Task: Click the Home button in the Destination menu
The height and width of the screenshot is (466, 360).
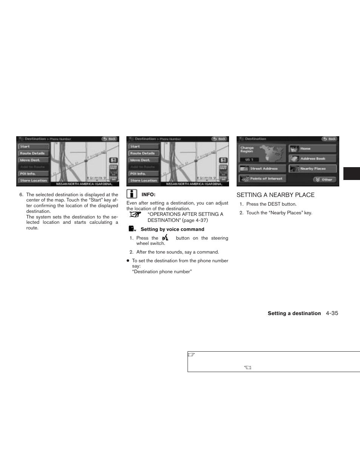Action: pos(312,149)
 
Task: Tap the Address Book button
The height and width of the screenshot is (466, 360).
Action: pos(312,159)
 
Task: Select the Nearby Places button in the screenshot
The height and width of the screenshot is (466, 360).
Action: pos(312,169)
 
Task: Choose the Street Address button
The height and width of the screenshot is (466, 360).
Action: pos(263,169)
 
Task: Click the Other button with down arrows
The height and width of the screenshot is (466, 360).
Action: pos(325,180)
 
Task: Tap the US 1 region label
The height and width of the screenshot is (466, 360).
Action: pos(249,160)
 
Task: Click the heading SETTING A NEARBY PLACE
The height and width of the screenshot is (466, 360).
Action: pos(275,195)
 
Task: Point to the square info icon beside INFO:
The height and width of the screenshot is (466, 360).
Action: pos(132,194)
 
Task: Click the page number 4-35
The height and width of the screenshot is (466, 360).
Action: pos(332,313)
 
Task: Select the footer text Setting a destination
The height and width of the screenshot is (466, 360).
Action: pos(294,313)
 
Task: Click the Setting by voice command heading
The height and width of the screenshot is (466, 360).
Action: pos(172,229)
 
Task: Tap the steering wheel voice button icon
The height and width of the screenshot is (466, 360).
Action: pos(165,238)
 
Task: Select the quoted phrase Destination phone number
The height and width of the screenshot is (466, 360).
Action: pos(162,272)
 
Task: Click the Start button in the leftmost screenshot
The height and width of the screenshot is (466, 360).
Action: pos(34,146)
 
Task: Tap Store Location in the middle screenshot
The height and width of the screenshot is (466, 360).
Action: pos(144,180)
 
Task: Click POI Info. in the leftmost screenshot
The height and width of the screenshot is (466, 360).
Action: pos(34,174)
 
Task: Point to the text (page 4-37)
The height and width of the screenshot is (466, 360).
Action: pos(195,220)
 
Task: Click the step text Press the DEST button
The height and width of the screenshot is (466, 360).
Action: pos(271,204)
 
